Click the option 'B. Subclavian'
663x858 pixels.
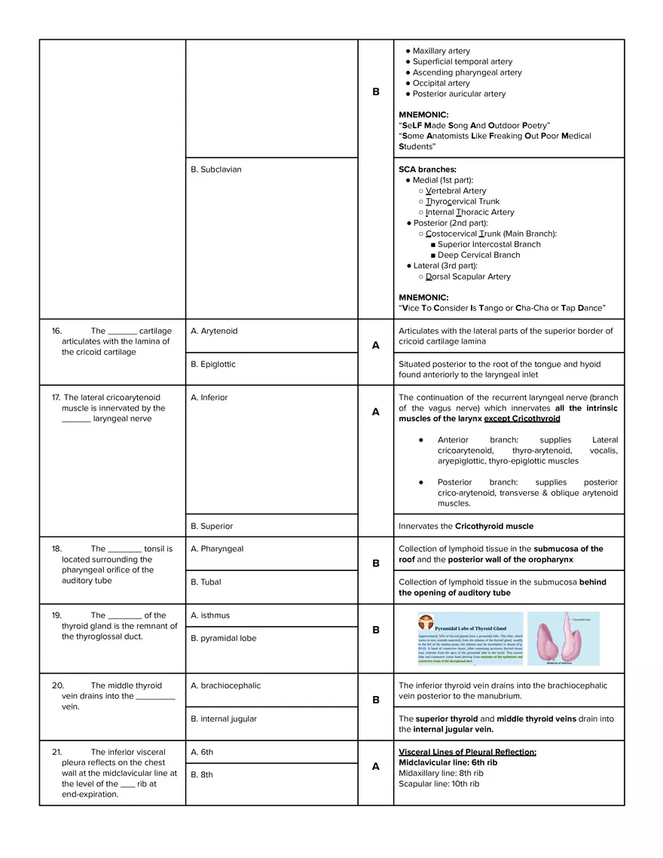216,169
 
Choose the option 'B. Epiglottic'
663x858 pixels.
213,364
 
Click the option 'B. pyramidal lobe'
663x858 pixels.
223,638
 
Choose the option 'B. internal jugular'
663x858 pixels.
224,719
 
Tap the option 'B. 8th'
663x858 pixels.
202,774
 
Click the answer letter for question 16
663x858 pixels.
376,345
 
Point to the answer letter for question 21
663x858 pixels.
376,766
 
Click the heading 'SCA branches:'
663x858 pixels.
427,169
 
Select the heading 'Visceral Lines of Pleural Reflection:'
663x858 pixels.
467,752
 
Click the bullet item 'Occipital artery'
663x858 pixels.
441,83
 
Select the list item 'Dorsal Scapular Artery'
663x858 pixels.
468,276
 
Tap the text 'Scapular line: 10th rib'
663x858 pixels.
438,783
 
